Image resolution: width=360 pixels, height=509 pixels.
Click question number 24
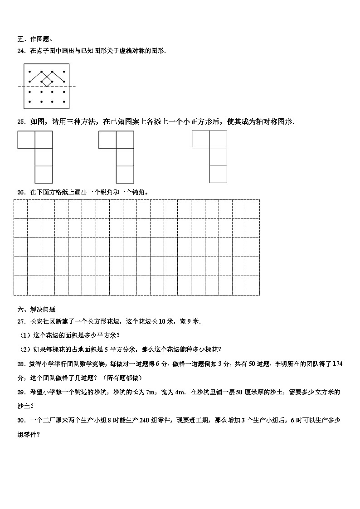(21, 51)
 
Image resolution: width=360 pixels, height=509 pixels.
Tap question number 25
(21, 121)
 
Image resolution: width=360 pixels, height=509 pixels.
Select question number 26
(21, 192)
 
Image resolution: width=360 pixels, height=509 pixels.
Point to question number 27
(21, 321)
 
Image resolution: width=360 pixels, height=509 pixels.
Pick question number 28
(21, 364)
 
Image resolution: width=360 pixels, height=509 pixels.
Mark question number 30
(21, 421)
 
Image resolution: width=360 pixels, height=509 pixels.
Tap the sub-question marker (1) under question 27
(24, 335)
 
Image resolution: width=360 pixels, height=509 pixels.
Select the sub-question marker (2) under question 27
(24, 349)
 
